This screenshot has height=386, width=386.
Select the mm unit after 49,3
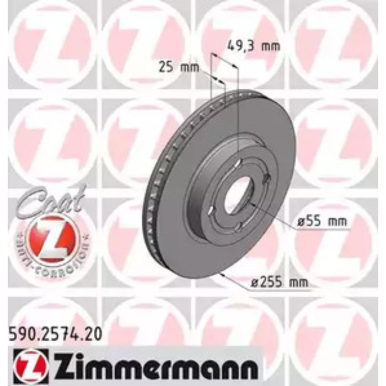(270, 46)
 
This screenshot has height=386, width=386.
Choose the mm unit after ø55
(337, 222)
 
